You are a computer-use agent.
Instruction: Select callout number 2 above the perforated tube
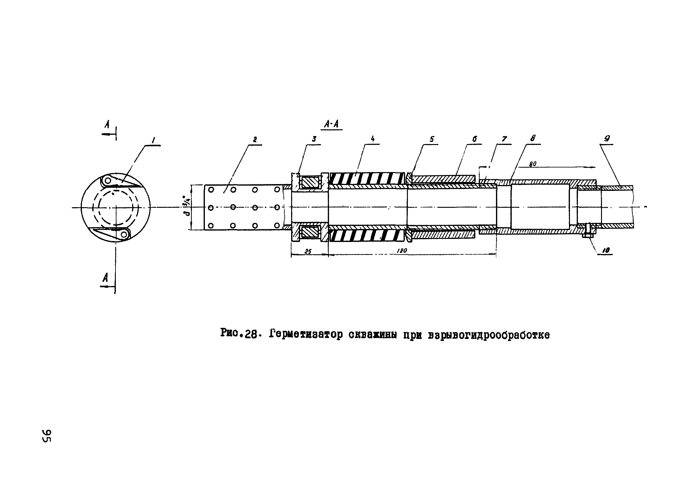pos(255,139)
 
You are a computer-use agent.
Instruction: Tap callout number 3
pos(314,139)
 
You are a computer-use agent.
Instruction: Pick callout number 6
pos(475,139)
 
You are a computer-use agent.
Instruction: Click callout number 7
pos(504,139)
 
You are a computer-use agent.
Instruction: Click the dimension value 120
pos(402,251)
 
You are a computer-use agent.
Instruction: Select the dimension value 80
pos(533,164)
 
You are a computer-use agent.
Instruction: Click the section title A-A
pos(331,124)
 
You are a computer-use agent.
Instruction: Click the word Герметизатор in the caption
pos(306,335)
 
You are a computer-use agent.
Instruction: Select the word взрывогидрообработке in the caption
pos(489,335)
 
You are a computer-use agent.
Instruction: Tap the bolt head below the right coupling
pos(588,236)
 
